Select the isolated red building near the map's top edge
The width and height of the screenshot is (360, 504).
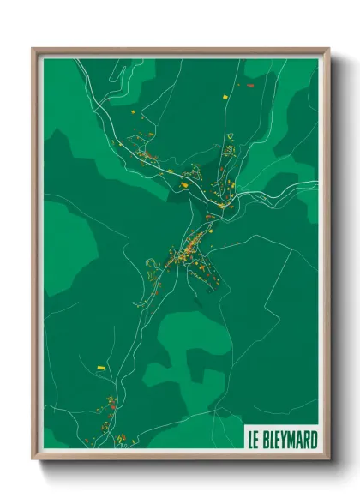coord(249,85)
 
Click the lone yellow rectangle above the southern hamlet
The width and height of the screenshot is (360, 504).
coord(101,367)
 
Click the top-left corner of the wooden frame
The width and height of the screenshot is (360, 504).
coord(33,49)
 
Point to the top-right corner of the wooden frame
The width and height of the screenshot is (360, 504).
coord(328,49)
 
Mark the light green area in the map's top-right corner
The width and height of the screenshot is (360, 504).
coord(296,81)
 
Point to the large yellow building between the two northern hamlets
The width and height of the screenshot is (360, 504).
coord(183,182)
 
